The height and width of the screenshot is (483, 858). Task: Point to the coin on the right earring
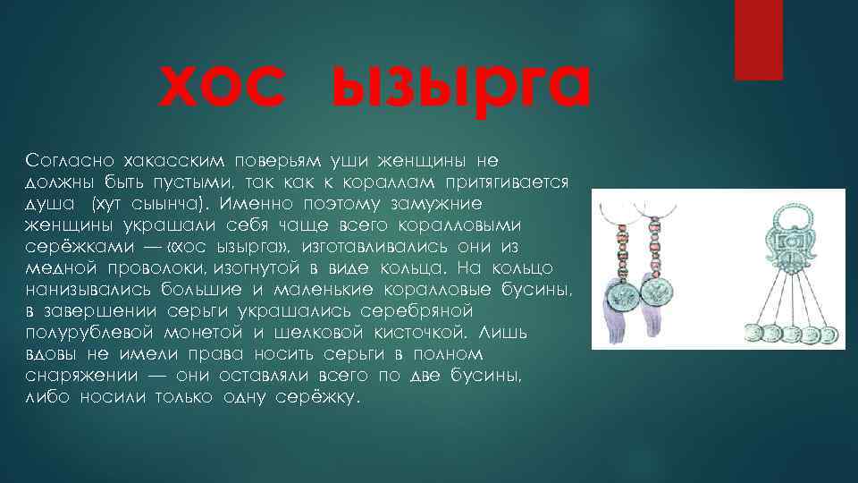click(660, 293)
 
